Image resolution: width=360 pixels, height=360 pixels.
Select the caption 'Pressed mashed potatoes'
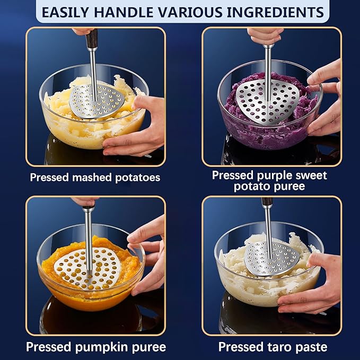click(x=95, y=178)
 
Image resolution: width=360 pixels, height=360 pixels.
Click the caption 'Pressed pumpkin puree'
click(x=96, y=347)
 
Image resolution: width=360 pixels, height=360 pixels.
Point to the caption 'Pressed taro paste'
click(x=273, y=347)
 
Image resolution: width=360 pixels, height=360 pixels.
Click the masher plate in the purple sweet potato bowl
click(x=266, y=99)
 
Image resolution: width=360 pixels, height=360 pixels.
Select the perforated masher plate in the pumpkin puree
click(x=89, y=267)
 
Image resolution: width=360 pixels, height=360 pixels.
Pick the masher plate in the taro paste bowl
click(x=271, y=259)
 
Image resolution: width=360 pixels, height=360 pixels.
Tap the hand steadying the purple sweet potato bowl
click(x=326, y=98)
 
